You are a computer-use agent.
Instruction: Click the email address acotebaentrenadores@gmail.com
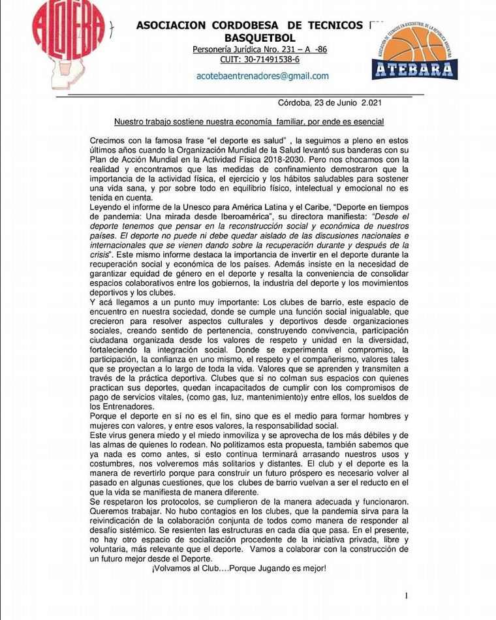tap(262, 76)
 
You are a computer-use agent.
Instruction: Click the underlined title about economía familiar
tap(249, 122)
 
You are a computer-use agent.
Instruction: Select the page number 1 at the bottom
tap(406, 595)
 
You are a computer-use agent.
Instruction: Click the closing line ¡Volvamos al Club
tap(238, 568)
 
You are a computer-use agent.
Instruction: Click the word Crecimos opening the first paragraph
tap(109, 140)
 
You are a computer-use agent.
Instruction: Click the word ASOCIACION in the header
tap(171, 25)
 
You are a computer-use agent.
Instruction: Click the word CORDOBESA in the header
tap(249, 25)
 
